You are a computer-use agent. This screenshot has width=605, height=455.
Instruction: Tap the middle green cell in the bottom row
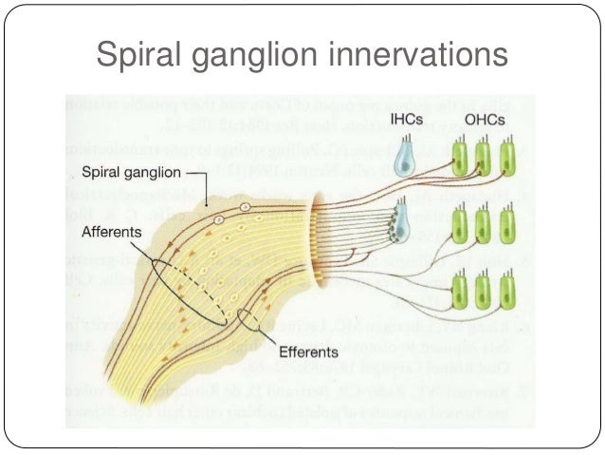[x=484, y=292]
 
